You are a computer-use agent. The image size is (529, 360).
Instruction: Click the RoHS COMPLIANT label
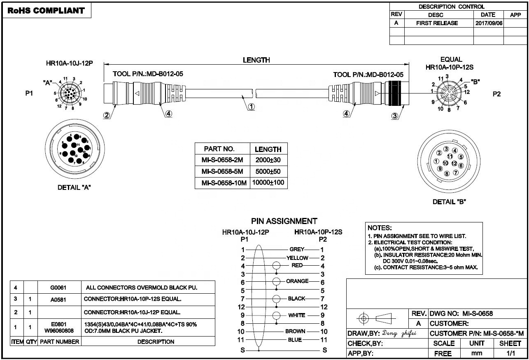coord(46,11)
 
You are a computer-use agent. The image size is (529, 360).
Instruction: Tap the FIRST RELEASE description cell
coord(437,23)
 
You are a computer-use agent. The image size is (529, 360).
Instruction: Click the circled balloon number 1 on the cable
coord(251,107)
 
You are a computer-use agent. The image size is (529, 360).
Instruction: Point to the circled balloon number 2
coord(107,116)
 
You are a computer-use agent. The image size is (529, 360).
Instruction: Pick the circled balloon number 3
coord(395,116)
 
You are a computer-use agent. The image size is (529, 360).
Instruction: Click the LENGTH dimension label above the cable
coord(256,60)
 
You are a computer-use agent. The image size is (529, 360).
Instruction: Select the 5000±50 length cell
coord(268,171)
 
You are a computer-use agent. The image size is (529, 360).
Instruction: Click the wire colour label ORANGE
coord(297,281)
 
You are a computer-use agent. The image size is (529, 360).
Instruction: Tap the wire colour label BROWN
coord(295,331)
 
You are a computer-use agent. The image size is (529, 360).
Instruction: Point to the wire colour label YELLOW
coord(297,258)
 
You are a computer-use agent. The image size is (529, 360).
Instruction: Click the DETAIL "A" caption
coord(74,187)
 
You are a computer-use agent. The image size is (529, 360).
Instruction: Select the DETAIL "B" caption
coord(449,202)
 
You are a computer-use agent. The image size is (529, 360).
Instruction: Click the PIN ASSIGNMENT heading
coord(284,221)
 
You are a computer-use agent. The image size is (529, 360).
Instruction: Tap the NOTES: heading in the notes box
coord(380,228)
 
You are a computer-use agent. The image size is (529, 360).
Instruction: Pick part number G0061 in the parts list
coord(58,288)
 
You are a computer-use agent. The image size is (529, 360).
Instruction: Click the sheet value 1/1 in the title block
coord(510,353)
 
